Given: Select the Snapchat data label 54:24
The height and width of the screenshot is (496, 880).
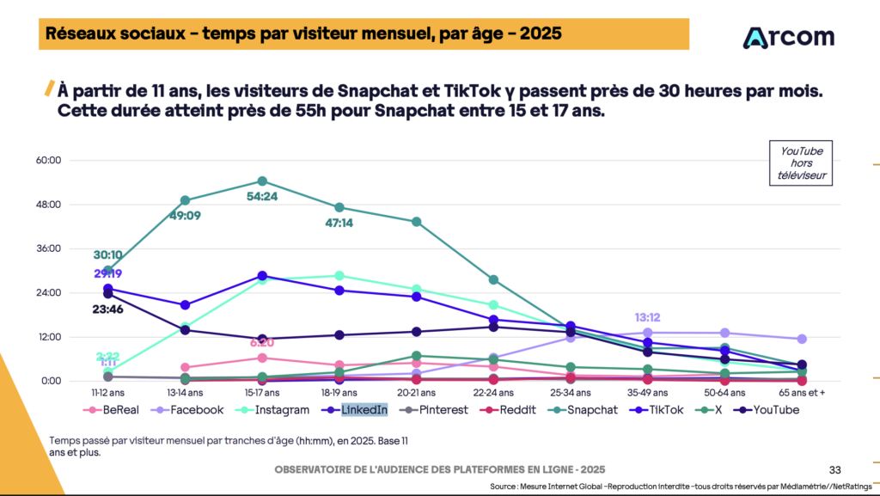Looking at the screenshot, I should click(262, 196).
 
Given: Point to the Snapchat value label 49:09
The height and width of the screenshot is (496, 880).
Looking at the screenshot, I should click(185, 216).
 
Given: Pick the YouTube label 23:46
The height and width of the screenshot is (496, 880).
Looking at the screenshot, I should click(108, 309).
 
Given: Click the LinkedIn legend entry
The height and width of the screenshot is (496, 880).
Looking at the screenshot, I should click(364, 410).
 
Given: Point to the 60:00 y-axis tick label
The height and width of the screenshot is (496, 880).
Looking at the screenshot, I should click(73, 160).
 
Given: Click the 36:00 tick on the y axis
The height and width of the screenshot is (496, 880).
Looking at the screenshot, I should click(73, 248).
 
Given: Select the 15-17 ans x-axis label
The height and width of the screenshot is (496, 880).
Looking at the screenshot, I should click(261, 391).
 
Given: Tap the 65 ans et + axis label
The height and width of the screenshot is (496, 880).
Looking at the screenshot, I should click(801, 391).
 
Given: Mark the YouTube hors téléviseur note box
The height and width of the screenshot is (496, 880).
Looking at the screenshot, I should click(801, 162).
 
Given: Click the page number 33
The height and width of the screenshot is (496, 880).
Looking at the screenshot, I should click(834, 469).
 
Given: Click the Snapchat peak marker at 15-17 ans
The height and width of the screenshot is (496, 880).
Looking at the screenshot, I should click(262, 181).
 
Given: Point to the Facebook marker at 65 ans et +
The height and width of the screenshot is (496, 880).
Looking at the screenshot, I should click(801, 340).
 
